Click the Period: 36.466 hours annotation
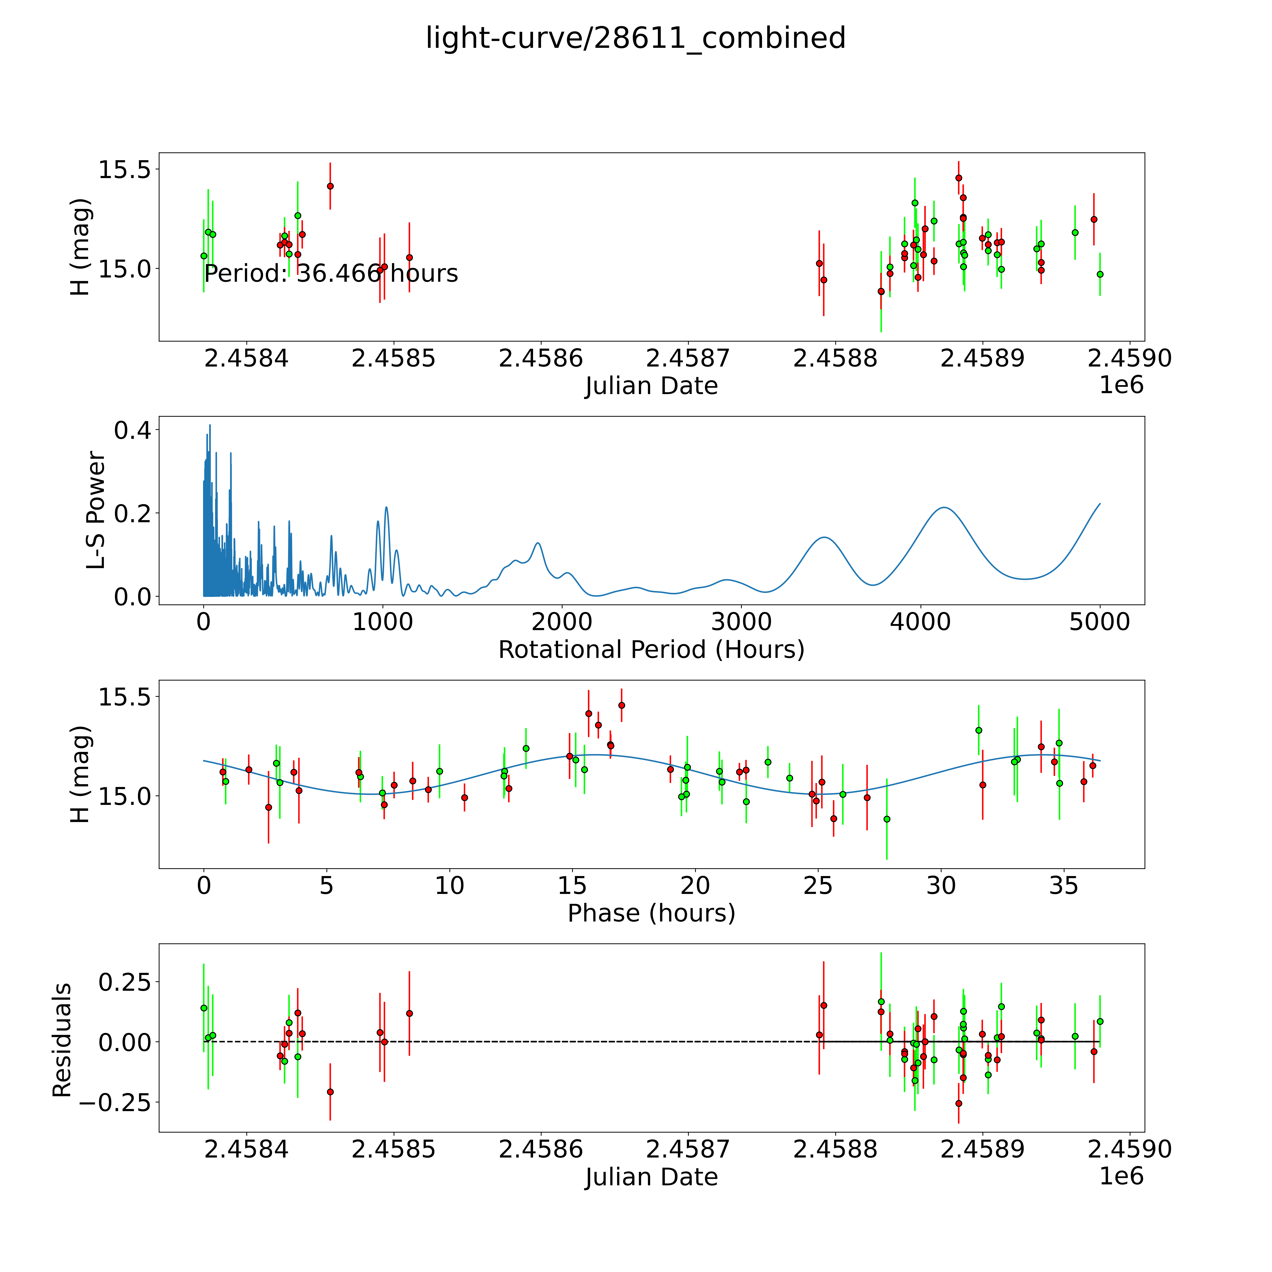click(x=331, y=273)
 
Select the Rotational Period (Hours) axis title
click(x=651, y=650)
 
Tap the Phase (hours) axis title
click(x=651, y=913)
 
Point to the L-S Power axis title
click(x=96, y=510)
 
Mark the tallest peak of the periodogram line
click(x=210, y=425)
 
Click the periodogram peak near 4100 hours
click(x=944, y=507)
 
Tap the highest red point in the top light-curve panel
click(x=959, y=178)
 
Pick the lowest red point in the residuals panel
click(x=959, y=1103)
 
